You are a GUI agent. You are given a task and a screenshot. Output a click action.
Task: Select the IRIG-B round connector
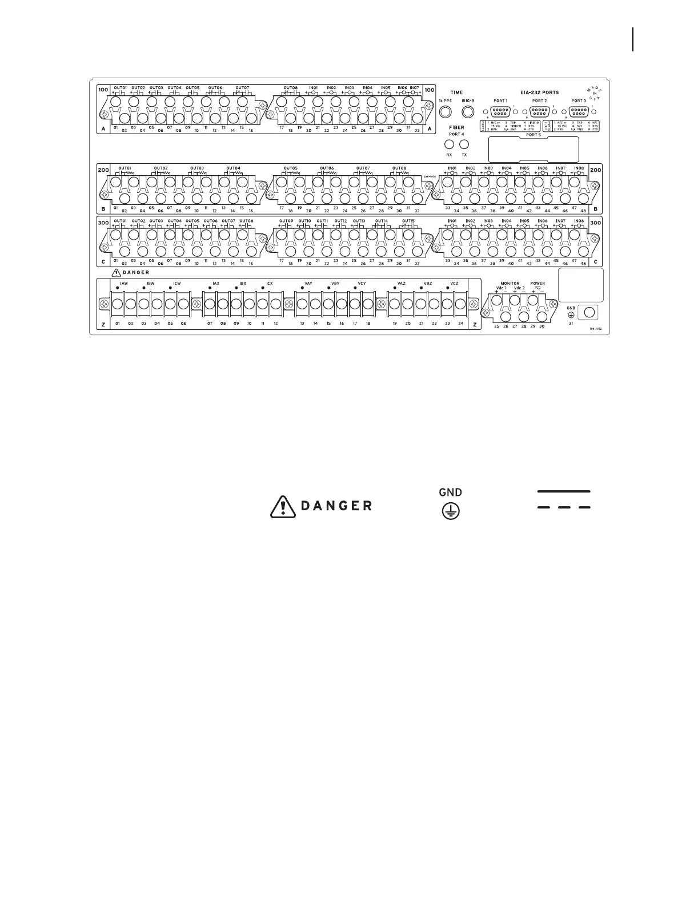(x=468, y=111)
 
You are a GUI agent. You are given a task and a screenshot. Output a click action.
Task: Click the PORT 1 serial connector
(x=500, y=112)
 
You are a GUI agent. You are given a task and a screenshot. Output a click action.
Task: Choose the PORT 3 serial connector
(x=579, y=112)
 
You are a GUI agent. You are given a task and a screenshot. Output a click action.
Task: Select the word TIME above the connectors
(x=456, y=92)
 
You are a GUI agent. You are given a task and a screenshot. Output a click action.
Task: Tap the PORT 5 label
(x=533, y=135)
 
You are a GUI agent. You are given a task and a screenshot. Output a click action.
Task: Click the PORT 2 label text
(x=539, y=101)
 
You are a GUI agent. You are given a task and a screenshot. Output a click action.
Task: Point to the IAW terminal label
(x=123, y=283)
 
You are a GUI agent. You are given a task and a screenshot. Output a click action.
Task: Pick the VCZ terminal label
(x=454, y=283)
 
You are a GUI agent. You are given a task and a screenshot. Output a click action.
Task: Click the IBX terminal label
(x=242, y=283)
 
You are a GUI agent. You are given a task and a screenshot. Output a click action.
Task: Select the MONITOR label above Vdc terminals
(x=510, y=283)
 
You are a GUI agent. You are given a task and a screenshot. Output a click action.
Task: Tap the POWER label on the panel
(x=537, y=283)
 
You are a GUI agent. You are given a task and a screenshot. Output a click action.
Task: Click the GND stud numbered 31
(x=588, y=312)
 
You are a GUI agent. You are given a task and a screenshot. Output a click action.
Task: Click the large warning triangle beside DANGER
(x=283, y=506)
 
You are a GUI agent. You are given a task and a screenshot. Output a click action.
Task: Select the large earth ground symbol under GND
(x=450, y=511)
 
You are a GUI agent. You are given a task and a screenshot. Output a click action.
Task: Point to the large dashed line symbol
(x=564, y=507)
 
